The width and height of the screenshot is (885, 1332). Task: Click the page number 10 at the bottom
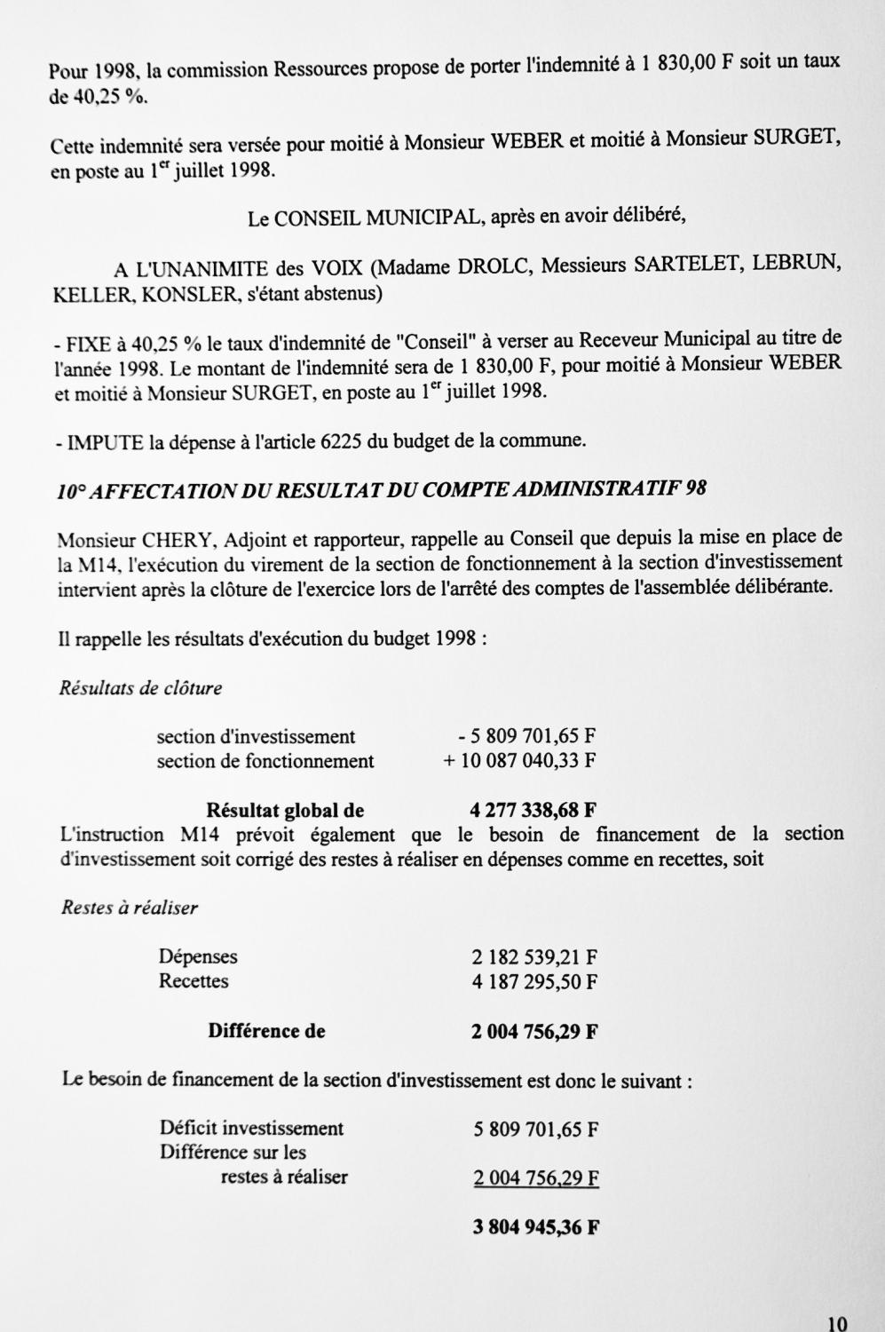coord(836,1323)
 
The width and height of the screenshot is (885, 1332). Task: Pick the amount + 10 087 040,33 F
coord(519,761)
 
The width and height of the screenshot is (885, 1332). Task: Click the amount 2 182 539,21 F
coord(534,957)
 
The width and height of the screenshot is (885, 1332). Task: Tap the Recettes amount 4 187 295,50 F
coord(534,982)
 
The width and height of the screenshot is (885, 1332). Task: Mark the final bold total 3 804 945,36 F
coord(535,1228)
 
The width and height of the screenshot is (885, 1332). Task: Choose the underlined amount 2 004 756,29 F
coord(536,1178)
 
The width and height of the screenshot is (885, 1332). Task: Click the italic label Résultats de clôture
coord(140,688)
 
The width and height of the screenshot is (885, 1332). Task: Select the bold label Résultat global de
coord(285,810)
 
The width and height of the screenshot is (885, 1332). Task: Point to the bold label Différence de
coord(266,1031)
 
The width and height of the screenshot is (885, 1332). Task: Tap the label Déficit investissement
coord(251,1129)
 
